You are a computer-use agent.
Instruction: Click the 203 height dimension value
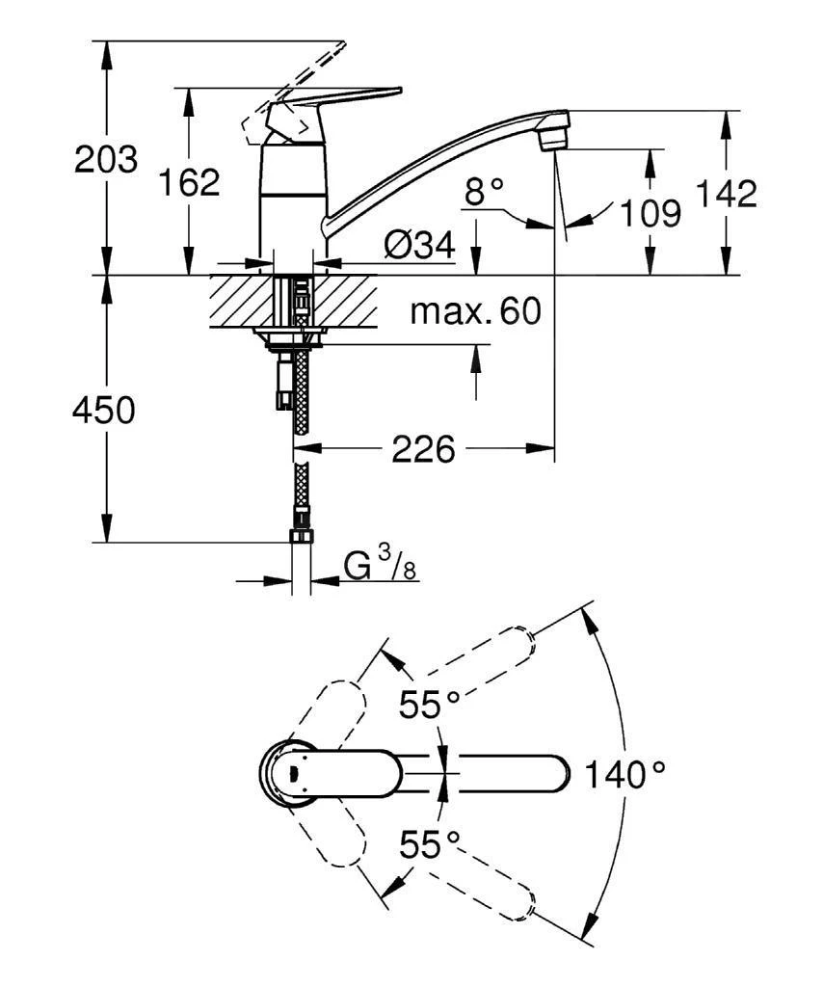click(105, 159)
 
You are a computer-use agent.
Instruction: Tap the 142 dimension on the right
click(727, 194)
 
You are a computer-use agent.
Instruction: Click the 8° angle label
click(484, 192)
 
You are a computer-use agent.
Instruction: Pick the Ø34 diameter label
click(418, 247)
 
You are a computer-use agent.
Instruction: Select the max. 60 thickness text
click(475, 311)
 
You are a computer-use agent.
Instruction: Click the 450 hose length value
click(104, 411)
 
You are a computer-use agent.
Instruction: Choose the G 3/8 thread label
click(380, 566)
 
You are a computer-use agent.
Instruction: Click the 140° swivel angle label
click(627, 773)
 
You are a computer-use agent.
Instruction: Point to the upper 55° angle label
click(430, 705)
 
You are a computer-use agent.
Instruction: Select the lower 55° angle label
click(430, 846)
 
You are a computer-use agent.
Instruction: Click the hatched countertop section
click(236, 301)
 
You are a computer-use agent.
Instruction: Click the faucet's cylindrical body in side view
click(293, 207)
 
